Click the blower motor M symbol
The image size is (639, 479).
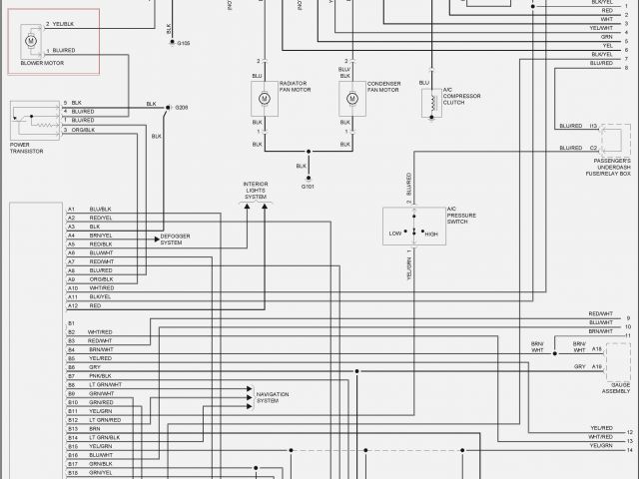pyautogui.click(x=30, y=40)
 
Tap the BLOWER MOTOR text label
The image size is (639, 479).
pyautogui.click(x=41, y=63)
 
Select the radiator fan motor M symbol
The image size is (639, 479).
pyautogui.click(x=264, y=99)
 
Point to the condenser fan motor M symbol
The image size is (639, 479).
pyautogui.click(x=352, y=99)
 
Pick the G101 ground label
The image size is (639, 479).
pyautogui.click(x=308, y=186)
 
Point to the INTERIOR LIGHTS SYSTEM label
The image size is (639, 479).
pyautogui.click(x=256, y=191)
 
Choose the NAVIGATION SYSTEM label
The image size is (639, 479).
pyautogui.click(x=273, y=398)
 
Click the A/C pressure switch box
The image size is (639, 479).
pyautogui.click(x=413, y=232)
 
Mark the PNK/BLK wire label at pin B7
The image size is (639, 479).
pyautogui.click(x=99, y=376)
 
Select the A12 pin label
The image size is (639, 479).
pyautogui.click(x=72, y=305)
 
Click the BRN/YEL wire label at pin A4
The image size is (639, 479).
pyautogui.click(x=100, y=236)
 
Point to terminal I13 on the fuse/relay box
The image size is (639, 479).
pyautogui.click(x=593, y=126)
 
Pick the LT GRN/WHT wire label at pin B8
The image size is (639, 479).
pyautogui.click(x=105, y=384)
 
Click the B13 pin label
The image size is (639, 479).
pyautogui.click(x=72, y=428)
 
